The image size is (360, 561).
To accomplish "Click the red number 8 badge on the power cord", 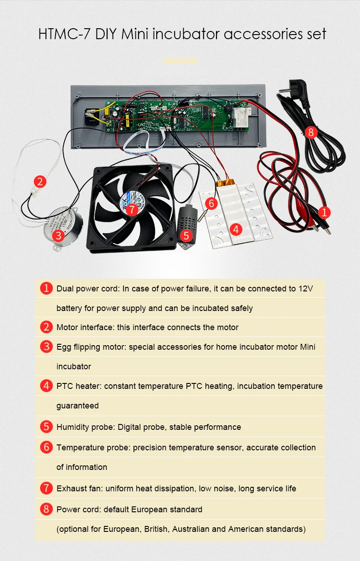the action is [x=311, y=132].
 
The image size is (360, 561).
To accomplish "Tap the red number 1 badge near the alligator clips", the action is [x=324, y=212].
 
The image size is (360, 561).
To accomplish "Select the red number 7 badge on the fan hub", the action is [x=132, y=209].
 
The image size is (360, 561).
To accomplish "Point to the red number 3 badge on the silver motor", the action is [x=57, y=235].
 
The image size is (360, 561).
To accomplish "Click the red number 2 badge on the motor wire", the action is [x=41, y=182].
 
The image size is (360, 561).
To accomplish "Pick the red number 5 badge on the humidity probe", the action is [x=185, y=235].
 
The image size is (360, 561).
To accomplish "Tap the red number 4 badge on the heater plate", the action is [x=236, y=229].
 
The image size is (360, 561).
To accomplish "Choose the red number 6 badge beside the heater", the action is [x=210, y=203].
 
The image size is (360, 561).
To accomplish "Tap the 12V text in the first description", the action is [x=305, y=289].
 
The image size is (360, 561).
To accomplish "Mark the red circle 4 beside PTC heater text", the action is [x=46, y=386].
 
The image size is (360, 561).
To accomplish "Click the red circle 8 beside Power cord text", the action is [x=46, y=509].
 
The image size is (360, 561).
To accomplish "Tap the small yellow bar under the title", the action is [x=180, y=61].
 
